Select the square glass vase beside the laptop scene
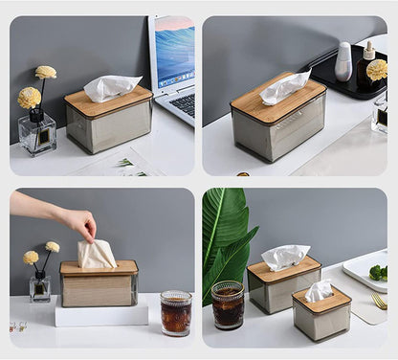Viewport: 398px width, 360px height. tap(37, 134)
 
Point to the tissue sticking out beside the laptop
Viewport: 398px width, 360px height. tap(111, 87)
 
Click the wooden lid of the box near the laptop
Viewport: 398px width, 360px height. tap(107, 101)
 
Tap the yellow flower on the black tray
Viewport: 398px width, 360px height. tap(377, 70)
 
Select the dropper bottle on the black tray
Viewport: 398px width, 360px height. tap(367, 65)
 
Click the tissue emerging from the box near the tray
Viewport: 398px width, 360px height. tap(284, 87)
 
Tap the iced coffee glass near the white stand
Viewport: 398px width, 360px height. tap(175, 313)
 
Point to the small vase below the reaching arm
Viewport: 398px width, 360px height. tap(40, 285)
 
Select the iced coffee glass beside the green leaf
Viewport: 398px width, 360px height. tap(228, 305)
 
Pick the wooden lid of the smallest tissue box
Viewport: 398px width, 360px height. tap(321, 303)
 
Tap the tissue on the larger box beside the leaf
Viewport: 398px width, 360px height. tap(285, 257)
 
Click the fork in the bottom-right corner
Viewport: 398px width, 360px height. tap(380, 302)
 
